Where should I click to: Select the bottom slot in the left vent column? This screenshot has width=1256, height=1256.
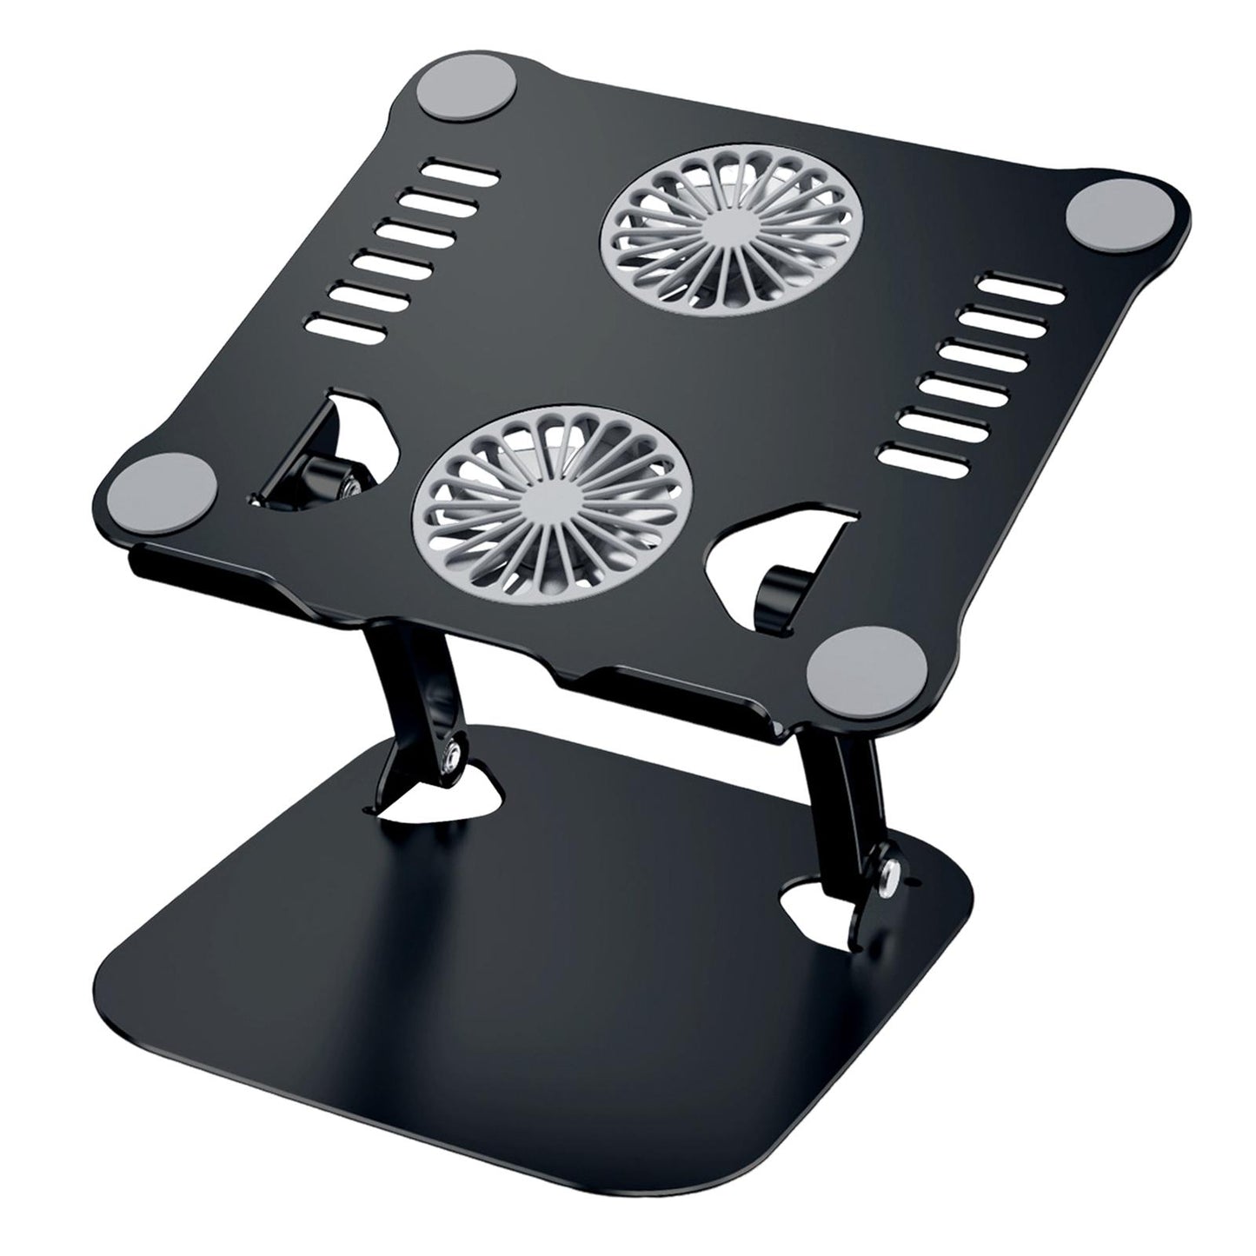[347, 329]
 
